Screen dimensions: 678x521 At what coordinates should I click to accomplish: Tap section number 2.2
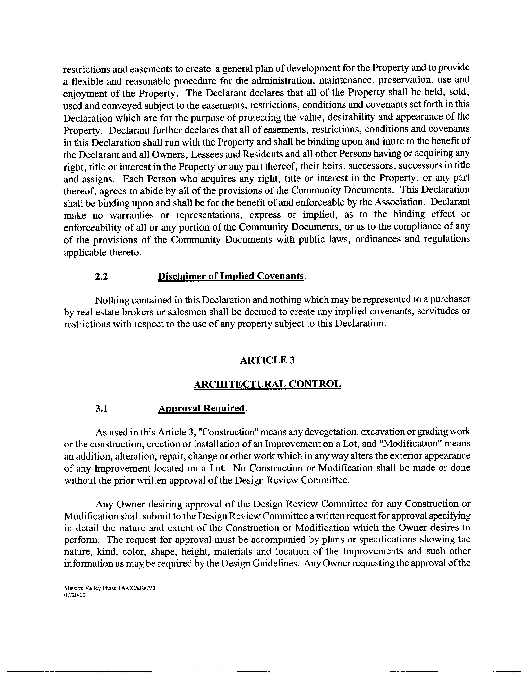coord(101,276)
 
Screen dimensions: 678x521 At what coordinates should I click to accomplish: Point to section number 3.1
coord(101,408)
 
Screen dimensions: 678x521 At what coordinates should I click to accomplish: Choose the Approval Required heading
coord(202,408)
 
